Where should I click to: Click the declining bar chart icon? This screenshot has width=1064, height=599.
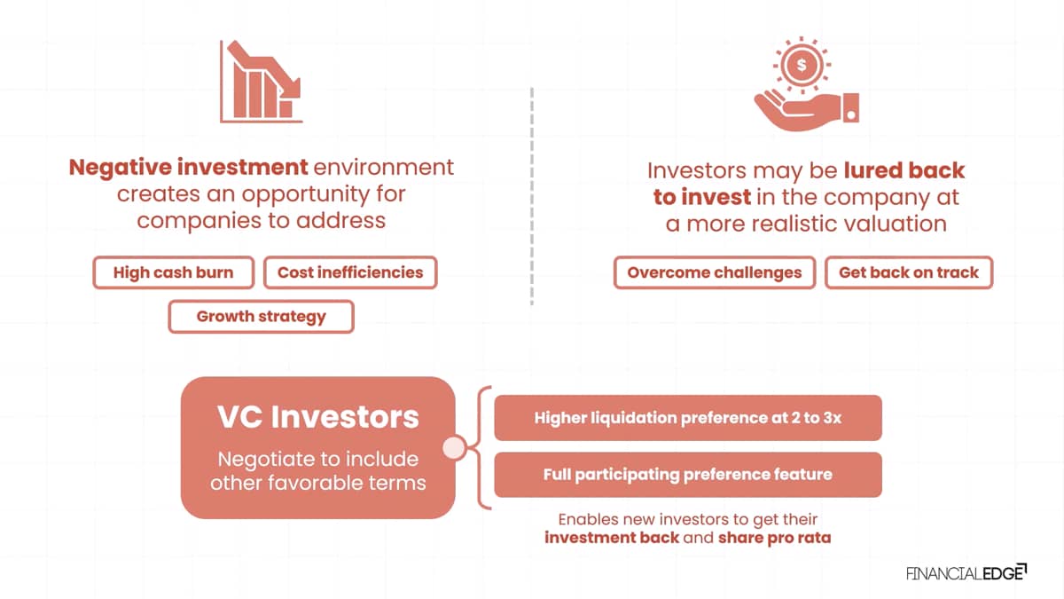tap(261, 82)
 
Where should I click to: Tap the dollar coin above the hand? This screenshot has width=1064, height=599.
tap(802, 65)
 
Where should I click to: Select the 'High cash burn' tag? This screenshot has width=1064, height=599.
tap(174, 272)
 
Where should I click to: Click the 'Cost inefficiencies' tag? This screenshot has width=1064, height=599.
tap(350, 272)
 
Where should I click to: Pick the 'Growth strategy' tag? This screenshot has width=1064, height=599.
tap(261, 316)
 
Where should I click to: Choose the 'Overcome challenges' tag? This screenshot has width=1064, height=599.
tap(715, 272)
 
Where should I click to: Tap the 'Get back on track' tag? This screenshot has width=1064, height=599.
tap(909, 272)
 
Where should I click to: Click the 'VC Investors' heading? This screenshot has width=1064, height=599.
tap(318, 417)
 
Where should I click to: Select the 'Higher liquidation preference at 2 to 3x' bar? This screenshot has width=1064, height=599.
tap(688, 418)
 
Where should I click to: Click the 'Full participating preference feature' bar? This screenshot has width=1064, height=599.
tap(688, 475)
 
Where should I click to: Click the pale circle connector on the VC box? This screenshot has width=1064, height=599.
tap(454, 447)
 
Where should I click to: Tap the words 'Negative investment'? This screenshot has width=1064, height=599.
tap(188, 168)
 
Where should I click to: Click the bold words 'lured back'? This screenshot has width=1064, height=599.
tap(904, 170)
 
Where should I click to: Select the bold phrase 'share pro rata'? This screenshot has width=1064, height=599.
tap(775, 538)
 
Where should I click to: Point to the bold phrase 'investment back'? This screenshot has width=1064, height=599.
tap(612, 538)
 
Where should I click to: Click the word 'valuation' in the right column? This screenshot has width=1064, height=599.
tap(896, 224)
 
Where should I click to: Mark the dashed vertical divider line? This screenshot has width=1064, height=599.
tap(532, 196)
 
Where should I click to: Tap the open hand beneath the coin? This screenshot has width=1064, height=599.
tap(807, 112)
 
